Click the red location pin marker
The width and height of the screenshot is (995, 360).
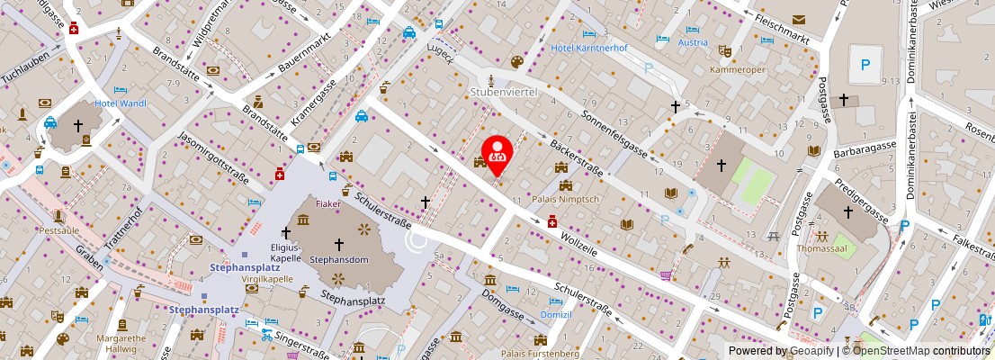pyautogui.click(x=497, y=154)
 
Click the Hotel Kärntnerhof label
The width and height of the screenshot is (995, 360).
pyautogui.click(x=588, y=47)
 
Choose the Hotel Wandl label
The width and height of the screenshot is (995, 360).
pyautogui.click(x=121, y=103)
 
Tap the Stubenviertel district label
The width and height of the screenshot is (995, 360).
pyautogui.click(x=503, y=92)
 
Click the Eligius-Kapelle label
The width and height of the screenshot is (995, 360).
pyautogui.click(x=285, y=252)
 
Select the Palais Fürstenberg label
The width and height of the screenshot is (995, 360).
pyautogui.click(x=541, y=354)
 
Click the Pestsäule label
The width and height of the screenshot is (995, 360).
pyautogui.click(x=59, y=230)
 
